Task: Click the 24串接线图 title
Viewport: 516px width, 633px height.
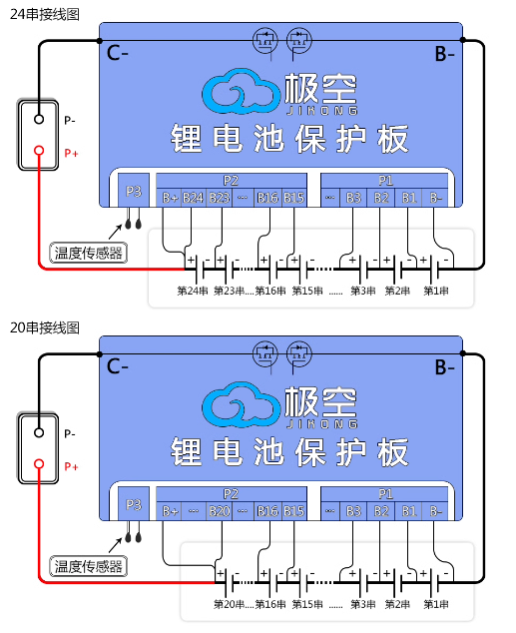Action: coord(44,14)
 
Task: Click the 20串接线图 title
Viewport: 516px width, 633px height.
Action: coord(44,327)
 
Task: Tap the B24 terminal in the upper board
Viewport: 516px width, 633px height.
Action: coord(194,198)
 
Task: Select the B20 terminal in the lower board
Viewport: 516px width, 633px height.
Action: coord(220,511)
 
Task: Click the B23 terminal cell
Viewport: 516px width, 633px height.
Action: coord(220,198)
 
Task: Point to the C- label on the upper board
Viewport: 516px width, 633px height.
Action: coord(118,53)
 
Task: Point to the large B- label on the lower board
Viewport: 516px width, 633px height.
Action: coord(444,367)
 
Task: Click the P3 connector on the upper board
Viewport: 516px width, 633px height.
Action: coord(134,191)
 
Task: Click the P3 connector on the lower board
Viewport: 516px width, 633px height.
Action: coord(134,504)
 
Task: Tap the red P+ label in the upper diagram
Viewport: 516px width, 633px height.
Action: coord(71,153)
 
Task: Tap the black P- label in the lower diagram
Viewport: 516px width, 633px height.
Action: coord(70,433)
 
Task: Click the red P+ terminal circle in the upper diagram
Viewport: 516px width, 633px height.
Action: coord(39,151)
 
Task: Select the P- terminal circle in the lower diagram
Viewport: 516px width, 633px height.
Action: coord(39,432)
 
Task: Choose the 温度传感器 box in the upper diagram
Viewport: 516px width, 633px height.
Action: coord(89,254)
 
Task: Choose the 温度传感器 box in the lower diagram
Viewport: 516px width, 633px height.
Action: coord(89,566)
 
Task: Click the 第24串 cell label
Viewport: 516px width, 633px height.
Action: coord(193,291)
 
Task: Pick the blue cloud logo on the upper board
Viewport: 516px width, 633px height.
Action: coord(241,91)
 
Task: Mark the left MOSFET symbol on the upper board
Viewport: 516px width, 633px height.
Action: coord(265,40)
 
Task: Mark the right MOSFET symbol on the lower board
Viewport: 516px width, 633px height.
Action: coord(299,354)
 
